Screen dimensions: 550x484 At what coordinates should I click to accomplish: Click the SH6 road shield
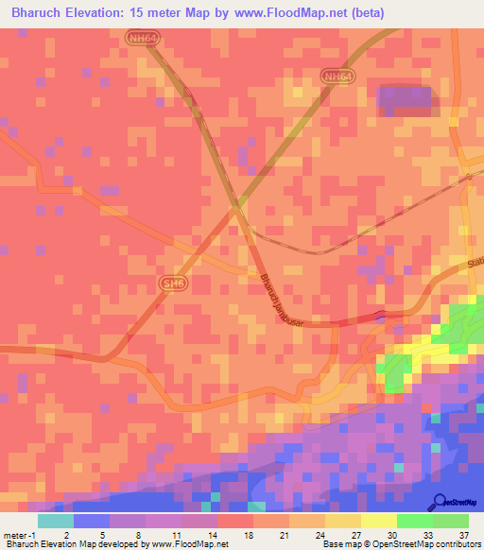[172, 284]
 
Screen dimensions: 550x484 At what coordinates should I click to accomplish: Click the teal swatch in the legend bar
[56, 520]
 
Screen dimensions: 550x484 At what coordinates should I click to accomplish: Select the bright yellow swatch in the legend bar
[378, 520]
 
